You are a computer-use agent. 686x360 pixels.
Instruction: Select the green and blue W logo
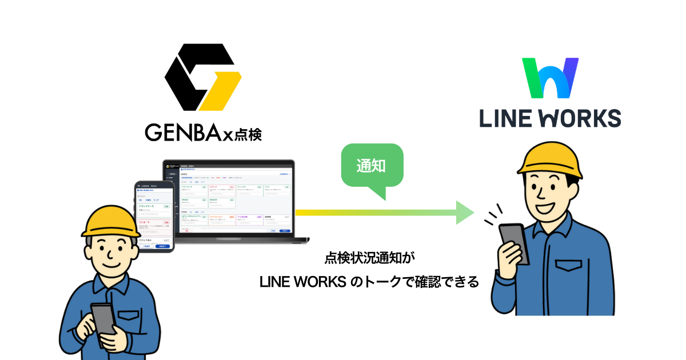(551, 78)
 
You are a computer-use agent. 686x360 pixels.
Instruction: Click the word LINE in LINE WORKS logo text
(505, 118)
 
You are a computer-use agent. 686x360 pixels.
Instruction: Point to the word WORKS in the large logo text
(577, 118)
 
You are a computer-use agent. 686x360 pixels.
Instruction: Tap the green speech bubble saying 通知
(371, 167)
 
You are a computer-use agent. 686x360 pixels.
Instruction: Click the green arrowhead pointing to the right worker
(464, 212)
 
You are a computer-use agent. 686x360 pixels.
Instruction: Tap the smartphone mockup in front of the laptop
(154, 217)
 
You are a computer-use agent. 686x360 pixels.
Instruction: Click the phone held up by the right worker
(514, 242)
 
